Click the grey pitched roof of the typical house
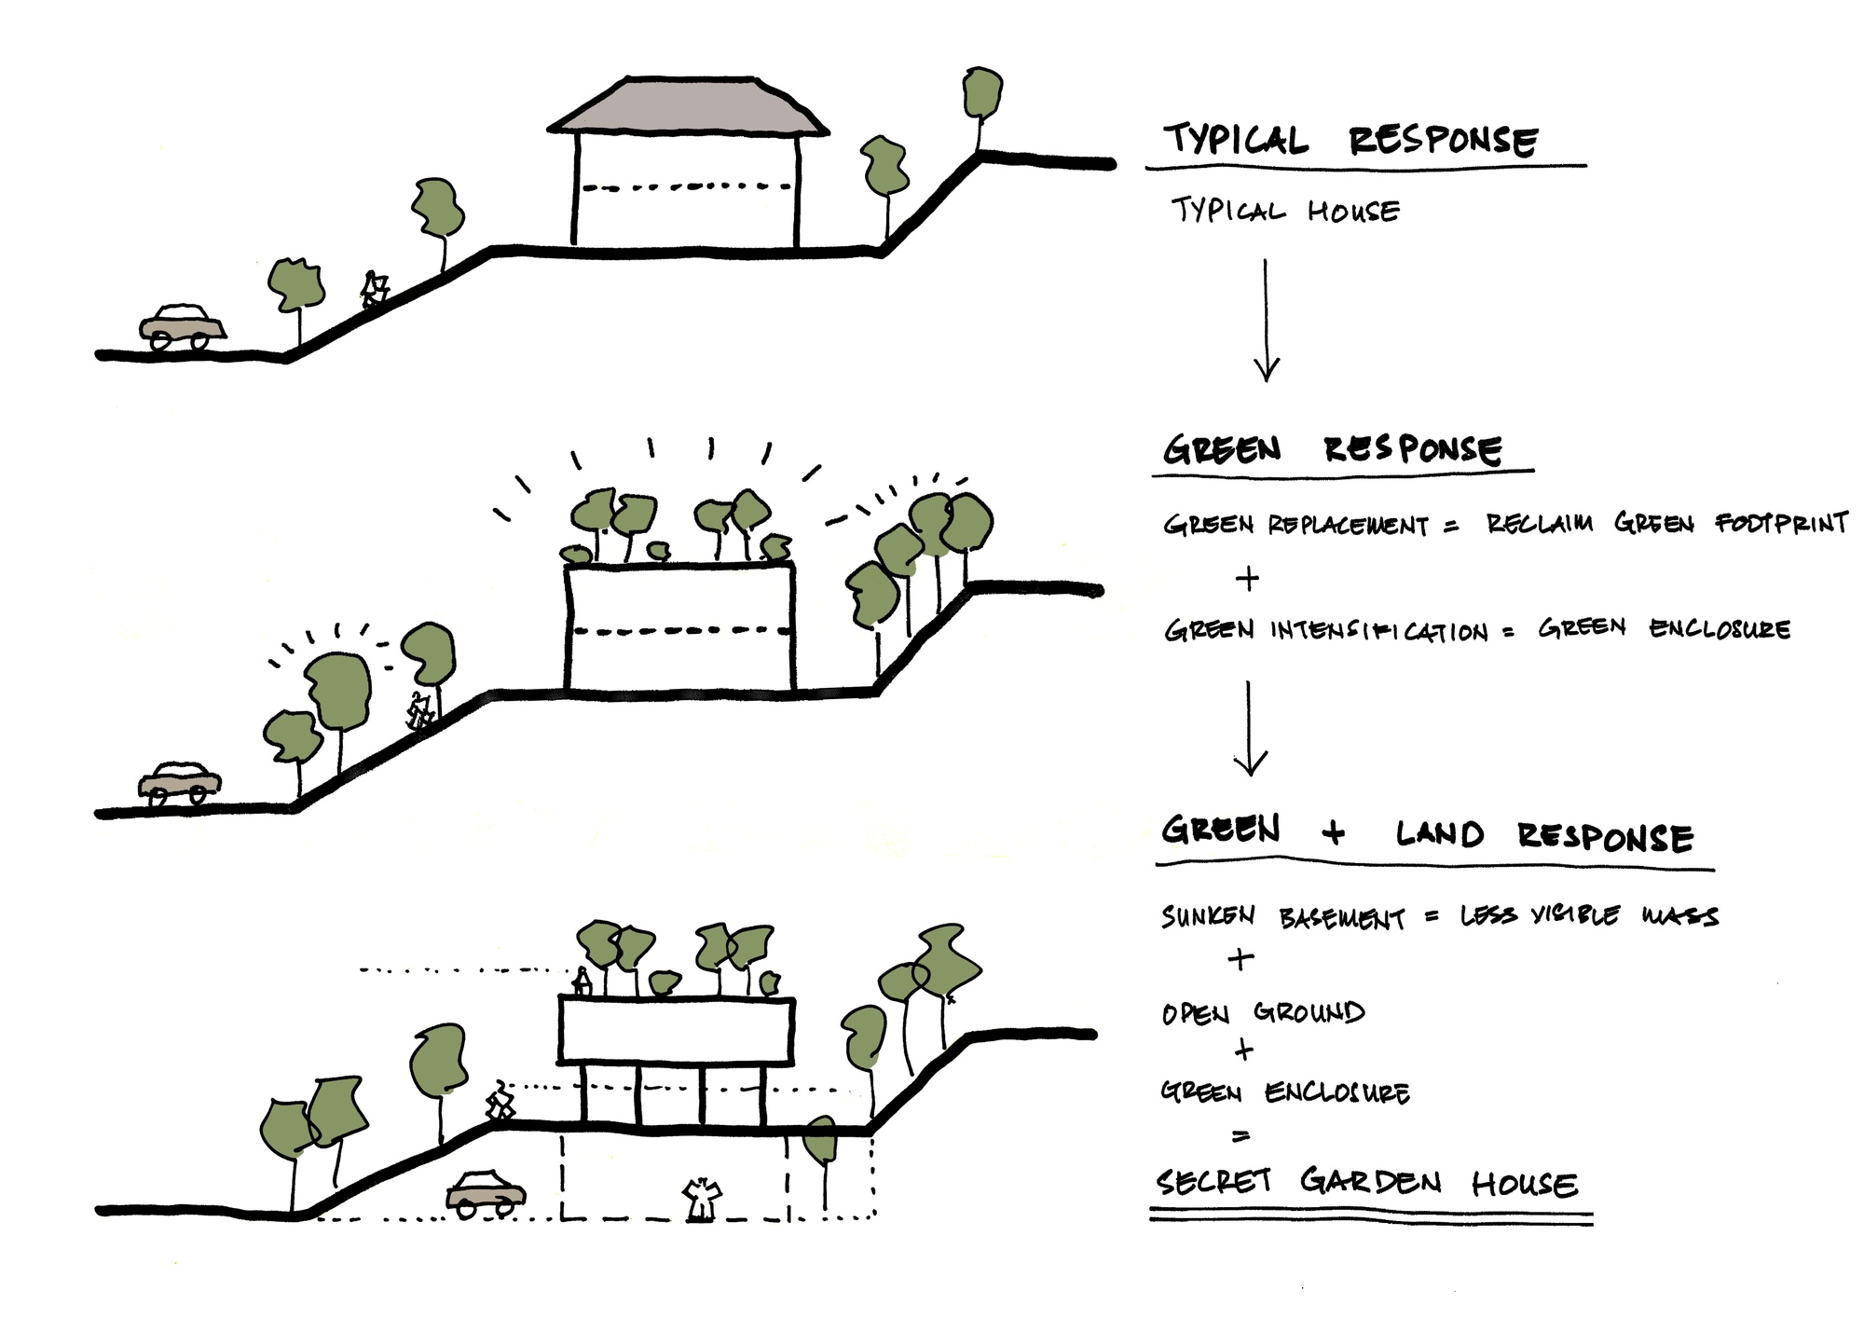pos(688,107)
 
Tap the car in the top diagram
pos(183,326)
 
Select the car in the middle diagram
pos(180,783)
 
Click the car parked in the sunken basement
pos(486,1193)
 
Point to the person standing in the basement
pos(701,1199)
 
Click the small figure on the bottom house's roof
pos(582,982)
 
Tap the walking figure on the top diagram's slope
pos(375,290)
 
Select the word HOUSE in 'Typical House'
pos(1353,212)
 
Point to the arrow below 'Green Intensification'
pos(1249,728)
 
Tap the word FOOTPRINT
pos(1782,523)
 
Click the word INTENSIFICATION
pos(1379,631)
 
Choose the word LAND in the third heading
pos(1439,833)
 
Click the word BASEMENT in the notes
pos(1342,919)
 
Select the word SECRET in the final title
pos(1213,1182)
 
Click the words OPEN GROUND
pos(1263,1012)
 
